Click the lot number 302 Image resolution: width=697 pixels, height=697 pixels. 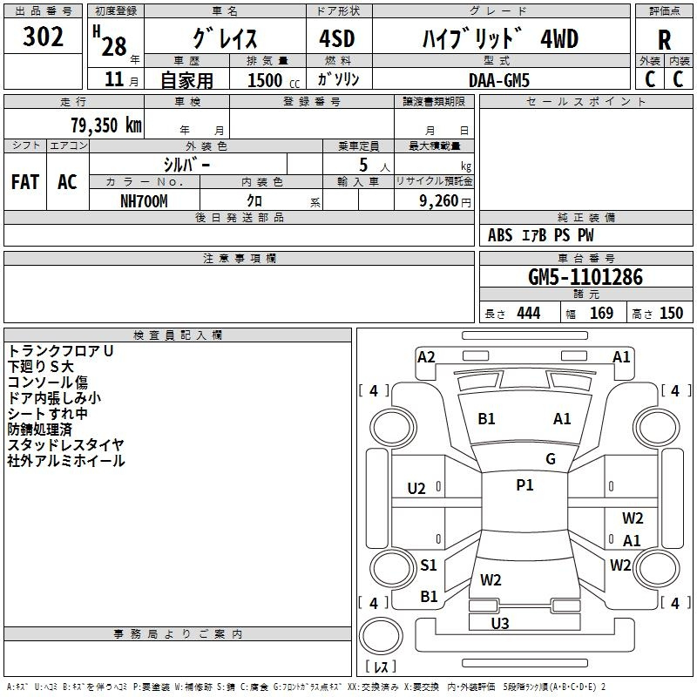[x=43, y=37]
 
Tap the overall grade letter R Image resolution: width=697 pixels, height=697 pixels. [x=664, y=40]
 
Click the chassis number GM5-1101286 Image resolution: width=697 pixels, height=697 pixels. [x=585, y=277]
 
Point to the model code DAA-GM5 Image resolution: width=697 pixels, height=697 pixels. [x=498, y=79]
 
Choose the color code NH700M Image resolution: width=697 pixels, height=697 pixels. [x=144, y=200]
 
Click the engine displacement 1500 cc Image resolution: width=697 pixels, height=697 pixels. [x=267, y=80]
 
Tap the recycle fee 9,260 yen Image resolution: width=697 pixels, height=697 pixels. [x=436, y=200]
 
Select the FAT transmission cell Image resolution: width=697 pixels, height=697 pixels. [x=24, y=182]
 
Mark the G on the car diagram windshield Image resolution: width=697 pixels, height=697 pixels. [x=551, y=459]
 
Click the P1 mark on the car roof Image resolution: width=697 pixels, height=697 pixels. [x=524, y=485]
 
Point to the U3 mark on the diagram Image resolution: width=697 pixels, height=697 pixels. [x=500, y=623]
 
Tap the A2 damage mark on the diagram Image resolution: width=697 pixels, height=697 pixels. [x=426, y=356]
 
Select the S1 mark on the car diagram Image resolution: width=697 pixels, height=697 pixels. [x=429, y=565]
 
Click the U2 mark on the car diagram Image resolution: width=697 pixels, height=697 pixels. [x=416, y=489]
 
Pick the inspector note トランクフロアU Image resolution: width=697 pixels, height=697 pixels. [x=61, y=351]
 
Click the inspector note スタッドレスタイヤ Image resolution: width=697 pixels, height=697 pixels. [x=66, y=445]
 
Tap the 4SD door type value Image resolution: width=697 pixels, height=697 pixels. [x=330, y=39]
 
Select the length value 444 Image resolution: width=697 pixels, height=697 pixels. [x=528, y=314]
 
